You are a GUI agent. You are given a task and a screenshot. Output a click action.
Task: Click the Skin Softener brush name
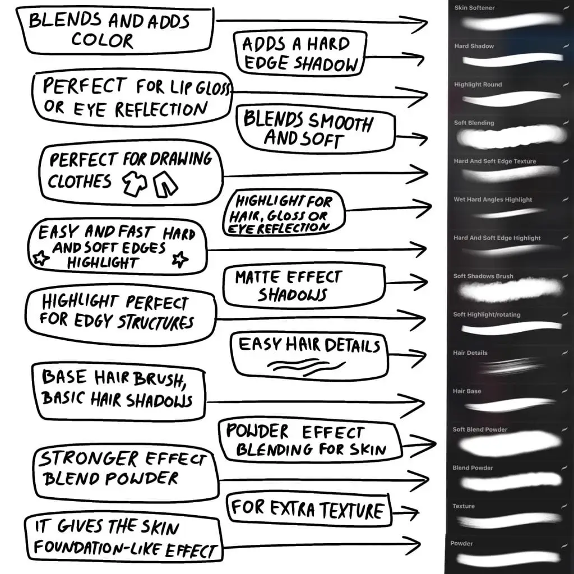coord(474,8)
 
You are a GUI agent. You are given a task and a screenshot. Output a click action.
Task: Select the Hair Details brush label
coord(470,353)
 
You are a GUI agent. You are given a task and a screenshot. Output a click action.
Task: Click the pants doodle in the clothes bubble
coord(165,184)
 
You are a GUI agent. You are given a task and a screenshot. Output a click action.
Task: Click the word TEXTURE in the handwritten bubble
coord(344,510)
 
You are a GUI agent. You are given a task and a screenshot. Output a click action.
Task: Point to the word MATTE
coord(258,277)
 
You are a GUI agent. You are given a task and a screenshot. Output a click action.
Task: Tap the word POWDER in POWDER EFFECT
coord(257,432)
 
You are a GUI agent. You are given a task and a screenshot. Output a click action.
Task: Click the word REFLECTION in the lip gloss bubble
coord(163,109)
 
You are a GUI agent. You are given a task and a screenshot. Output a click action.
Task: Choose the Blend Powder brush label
coord(473,468)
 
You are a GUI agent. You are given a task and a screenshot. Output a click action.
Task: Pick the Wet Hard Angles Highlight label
coord(493,200)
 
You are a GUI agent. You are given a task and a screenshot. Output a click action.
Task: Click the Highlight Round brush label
coord(478,85)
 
